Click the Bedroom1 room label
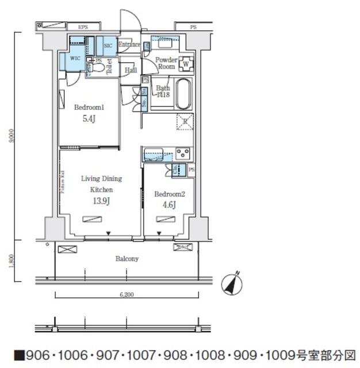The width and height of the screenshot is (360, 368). coord(89,108)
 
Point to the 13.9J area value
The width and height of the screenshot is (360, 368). coord(101,200)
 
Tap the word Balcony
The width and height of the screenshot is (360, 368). coord(127,259)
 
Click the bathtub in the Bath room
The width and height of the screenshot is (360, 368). coord(183,94)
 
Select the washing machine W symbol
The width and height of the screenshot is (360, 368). coord(186,63)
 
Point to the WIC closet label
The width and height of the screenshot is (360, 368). coord(74,59)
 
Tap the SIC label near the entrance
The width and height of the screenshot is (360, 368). coord(108,45)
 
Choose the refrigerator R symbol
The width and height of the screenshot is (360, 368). coord(185,121)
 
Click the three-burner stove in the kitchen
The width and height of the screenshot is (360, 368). coord(183,154)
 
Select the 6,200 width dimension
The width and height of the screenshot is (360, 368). coord(127,294)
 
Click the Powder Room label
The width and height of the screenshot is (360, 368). coord(167,62)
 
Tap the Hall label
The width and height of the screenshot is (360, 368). coord(130,70)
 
